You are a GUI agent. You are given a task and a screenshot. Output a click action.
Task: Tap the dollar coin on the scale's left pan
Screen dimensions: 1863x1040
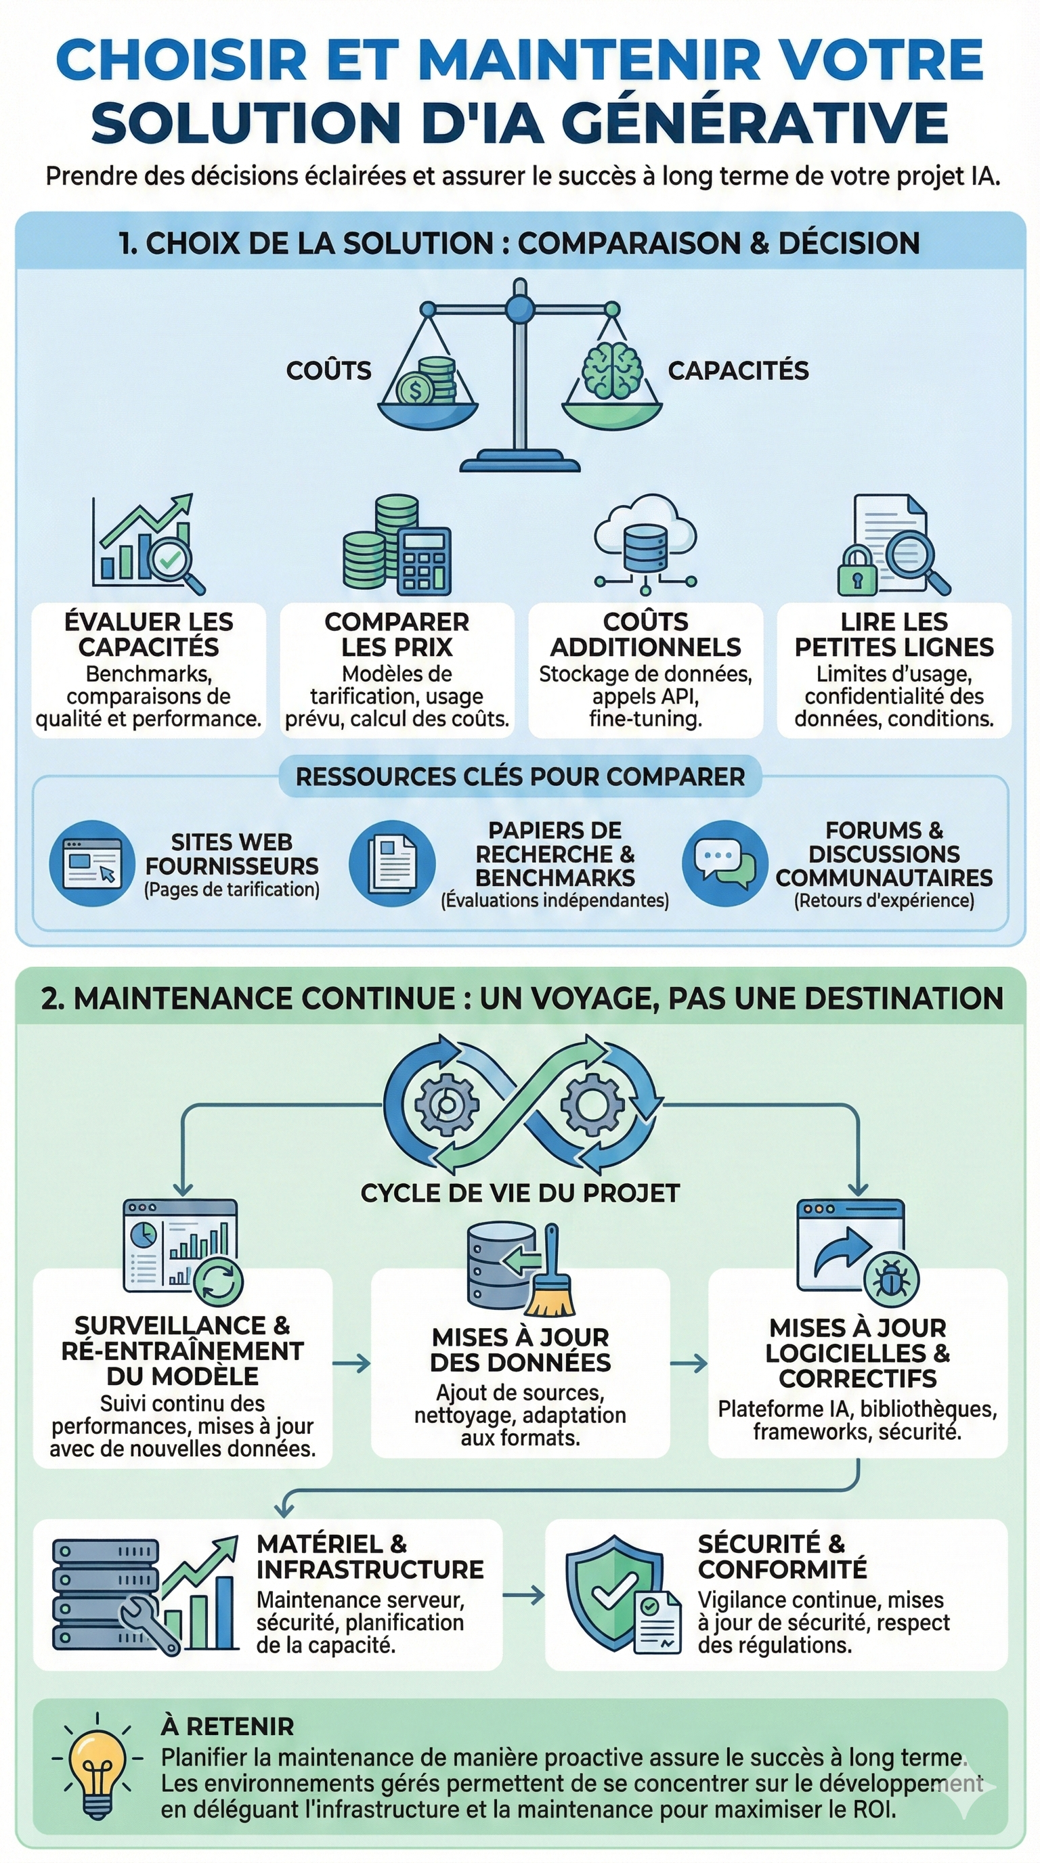[x=414, y=391]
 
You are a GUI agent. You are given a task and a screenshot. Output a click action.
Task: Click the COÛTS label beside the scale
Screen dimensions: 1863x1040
[x=328, y=370]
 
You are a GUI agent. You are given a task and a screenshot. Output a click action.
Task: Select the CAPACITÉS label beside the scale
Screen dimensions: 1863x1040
[x=738, y=370]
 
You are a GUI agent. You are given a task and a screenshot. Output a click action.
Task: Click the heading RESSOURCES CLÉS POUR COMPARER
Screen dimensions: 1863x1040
[x=520, y=776]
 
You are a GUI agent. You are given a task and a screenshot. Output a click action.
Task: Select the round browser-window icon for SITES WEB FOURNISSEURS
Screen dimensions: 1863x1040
[x=92, y=863]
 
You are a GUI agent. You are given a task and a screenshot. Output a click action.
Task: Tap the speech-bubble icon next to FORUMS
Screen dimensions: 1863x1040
[x=724, y=863]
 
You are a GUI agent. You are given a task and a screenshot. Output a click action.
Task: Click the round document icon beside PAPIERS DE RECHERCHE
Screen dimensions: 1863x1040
[x=392, y=863]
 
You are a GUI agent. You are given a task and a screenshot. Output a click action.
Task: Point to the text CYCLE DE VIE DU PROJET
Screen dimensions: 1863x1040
[x=520, y=1193]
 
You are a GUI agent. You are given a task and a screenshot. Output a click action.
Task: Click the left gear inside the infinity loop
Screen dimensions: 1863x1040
[x=446, y=1104]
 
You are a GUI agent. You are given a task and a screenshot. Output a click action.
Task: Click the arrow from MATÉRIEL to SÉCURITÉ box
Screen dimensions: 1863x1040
[x=523, y=1595]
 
